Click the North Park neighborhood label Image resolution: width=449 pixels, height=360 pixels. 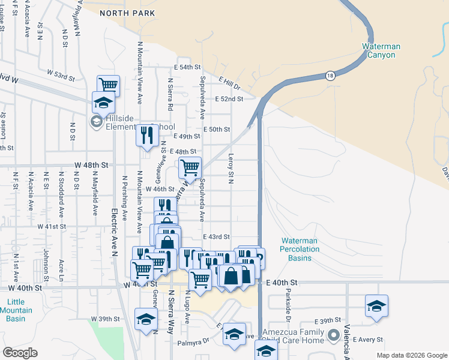pos(127,13)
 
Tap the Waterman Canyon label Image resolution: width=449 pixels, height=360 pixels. pos(379,50)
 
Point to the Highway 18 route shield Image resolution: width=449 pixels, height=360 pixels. pos(330,76)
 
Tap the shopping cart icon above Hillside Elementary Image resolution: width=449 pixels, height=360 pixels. pos(108,86)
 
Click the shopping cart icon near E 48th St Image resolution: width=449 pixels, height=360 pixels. pos(190,167)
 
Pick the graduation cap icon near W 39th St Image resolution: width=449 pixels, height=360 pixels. pos(145,319)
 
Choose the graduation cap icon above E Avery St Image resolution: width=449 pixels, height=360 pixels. pos(376,305)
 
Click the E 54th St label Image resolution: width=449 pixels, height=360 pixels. pos(187,67)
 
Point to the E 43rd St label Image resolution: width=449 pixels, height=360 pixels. pos(217,237)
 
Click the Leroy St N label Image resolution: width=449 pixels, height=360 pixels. pos(230,167)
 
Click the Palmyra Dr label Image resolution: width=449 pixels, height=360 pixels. pos(193,343)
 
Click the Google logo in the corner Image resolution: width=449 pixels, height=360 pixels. pos(20,353)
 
